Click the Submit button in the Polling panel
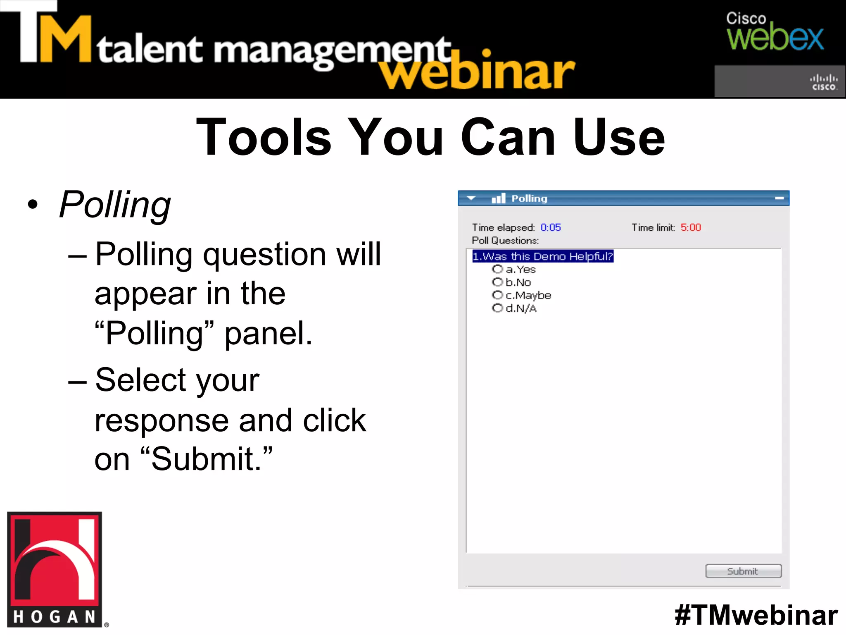coord(743,571)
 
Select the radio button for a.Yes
coord(497,270)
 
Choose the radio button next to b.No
coord(497,282)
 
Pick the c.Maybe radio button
coord(497,295)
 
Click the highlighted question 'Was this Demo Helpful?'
coord(542,256)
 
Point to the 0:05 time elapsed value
coord(551,227)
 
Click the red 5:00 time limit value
coord(691,227)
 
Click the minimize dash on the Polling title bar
coord(779,198)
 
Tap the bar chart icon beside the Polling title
coord(498,198)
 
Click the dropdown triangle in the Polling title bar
coord(471,198)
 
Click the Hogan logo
coord(55,569)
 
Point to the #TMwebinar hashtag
coord(756,615)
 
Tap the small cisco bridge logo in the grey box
coord(823,82)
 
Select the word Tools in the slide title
coord(264,137)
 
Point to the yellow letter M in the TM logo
coord(65,40)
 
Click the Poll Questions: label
coord(505,241)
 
